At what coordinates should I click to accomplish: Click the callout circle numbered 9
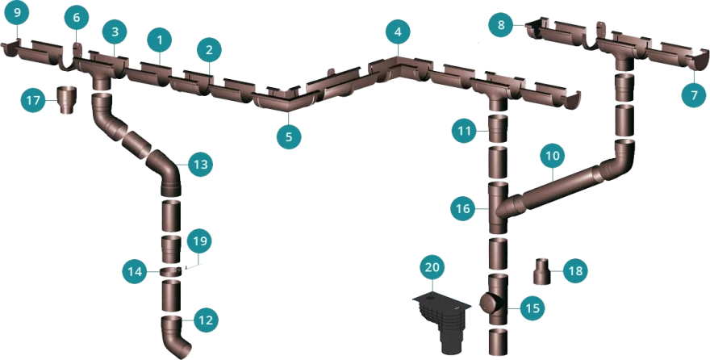pyautogui.click(x=17, y=13)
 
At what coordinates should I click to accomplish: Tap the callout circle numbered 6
pyautogui.click(x=76, y=18)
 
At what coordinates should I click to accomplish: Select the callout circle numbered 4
pyautogui.click(x=398, y=32)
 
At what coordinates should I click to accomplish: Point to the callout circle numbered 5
pyautogui.click(x=289, y=136)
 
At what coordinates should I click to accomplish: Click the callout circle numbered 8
pyautogui.click(x=501, y=25)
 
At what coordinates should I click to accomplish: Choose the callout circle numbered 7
pyautogui.click(x=694, y=94)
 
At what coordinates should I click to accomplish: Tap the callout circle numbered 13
pyautogui.click(x=201, y=165)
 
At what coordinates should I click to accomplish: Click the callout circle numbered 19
pyautogui.click(x=200, y=241)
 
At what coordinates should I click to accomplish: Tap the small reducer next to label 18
pyautogui.click(x=543, y=271)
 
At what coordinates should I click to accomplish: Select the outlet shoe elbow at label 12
pyautogui.click(x=175, y=336)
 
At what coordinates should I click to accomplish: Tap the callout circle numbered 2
pyautogui.click(x=209, y=50)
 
